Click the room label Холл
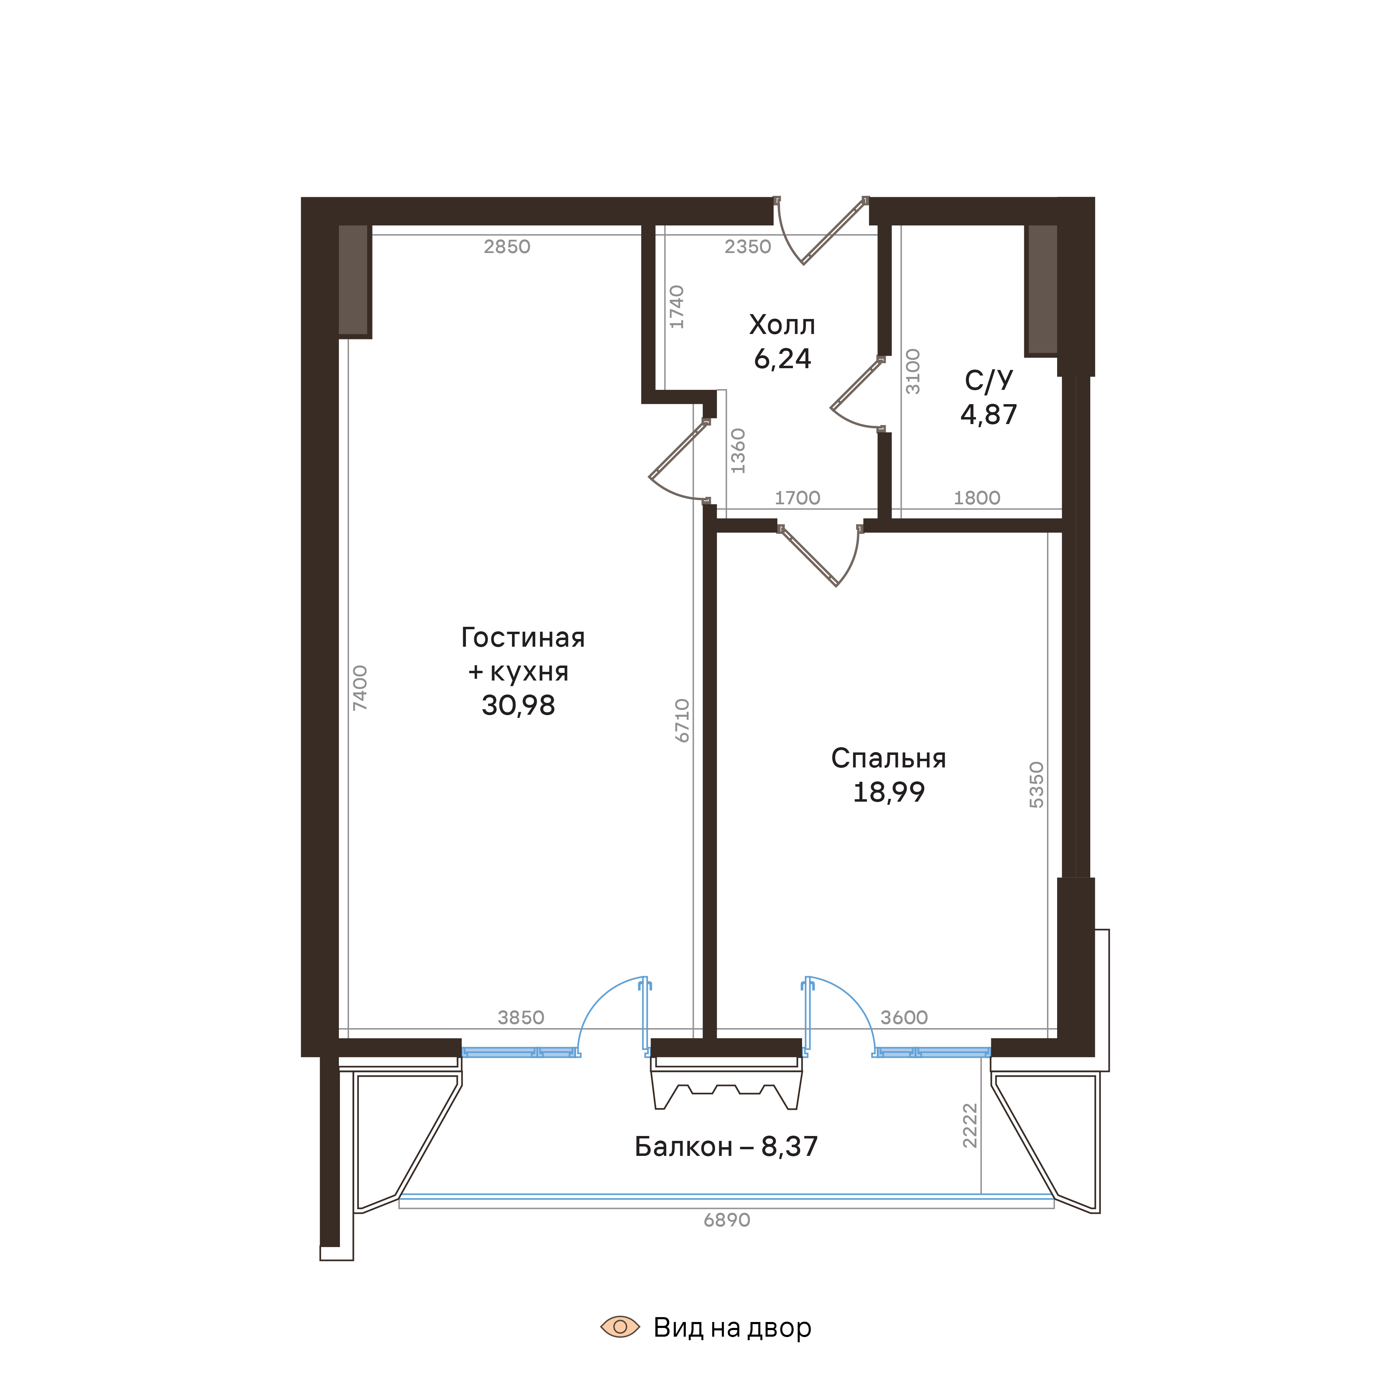pos(782,325)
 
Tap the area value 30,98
pos(518,705)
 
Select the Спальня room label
pos(888,758)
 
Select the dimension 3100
pos(913,371)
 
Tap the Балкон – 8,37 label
pos(726,1147)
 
